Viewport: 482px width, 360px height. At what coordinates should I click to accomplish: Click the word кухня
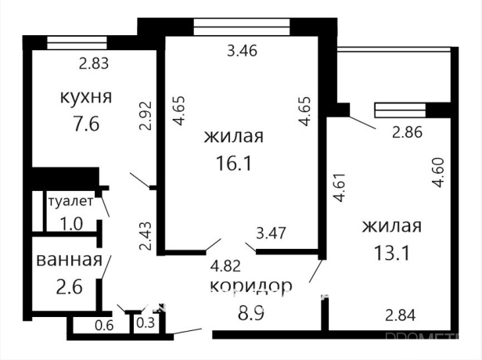point(86,98)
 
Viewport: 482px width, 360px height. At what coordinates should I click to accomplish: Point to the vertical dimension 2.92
point(144,116)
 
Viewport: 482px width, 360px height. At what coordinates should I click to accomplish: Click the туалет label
point(70,201)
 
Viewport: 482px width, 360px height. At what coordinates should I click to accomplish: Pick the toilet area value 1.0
point(71,222)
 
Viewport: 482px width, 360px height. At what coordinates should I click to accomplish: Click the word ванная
point(69,261)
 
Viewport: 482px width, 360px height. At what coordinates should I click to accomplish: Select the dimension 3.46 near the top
point(242,53)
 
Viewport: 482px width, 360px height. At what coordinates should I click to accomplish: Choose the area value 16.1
point(232,165)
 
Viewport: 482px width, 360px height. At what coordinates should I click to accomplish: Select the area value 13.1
point(391,253)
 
